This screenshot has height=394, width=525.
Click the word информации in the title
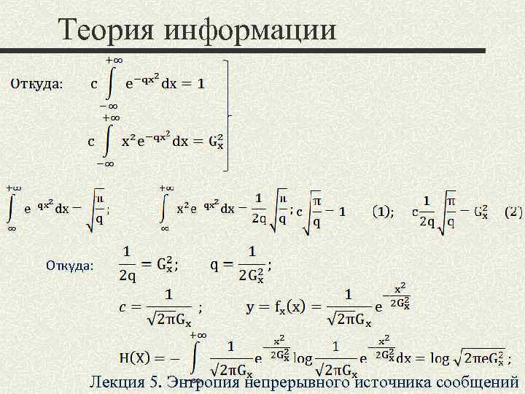251,30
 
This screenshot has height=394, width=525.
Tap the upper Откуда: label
36,84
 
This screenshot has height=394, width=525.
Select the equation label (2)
513,212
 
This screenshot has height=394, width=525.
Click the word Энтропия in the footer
205,381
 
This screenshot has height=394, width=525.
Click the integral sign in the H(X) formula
195,357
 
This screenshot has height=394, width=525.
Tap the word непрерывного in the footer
299,381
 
